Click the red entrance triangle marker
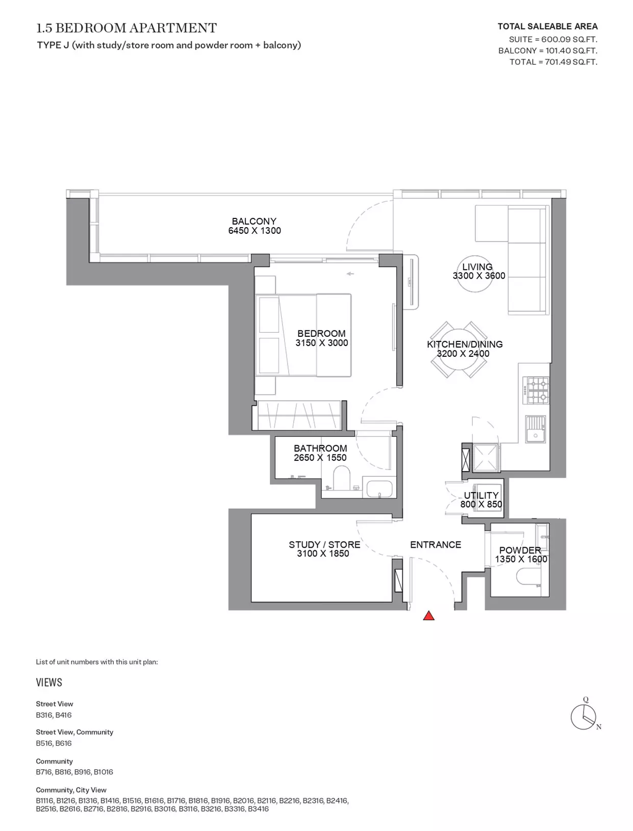(x=428, y=616)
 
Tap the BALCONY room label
(x=254, y=221)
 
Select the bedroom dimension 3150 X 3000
(x=322, y=343)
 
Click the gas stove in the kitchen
(x=536, y=390)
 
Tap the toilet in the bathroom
(x=342, y=478)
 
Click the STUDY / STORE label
(x=324, y=545)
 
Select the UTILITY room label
(x=481, y=495)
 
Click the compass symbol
(x=584, y=717)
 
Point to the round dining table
(x=459, y=350)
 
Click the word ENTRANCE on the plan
(x=436, y=545)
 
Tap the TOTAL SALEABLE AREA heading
(x=547, y=27)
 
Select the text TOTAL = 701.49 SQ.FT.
(x=553, y=62)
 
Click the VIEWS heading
(x=49, y=682)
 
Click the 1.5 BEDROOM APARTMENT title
(x=126, y=28)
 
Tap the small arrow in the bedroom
(x=350, y=274)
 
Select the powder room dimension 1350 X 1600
(x=521, y=559)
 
